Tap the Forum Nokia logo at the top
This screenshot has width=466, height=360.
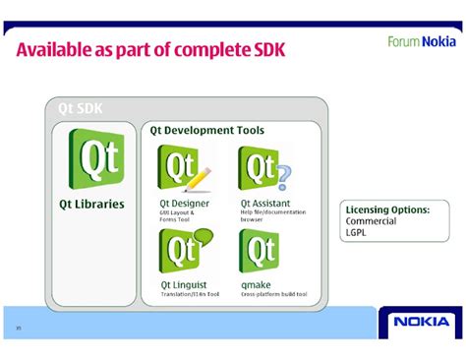(421, 41)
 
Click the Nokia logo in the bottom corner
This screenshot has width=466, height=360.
(421, 322)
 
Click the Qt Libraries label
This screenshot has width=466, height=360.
(92, 204)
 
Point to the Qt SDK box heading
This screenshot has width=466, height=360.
(81, 108)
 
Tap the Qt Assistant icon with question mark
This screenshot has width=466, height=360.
(263, 167)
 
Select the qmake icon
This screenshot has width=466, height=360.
(260, 252)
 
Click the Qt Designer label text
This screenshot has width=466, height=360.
(184, 204)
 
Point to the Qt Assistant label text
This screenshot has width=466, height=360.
(265, 204)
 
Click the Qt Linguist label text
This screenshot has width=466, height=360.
(184, 285)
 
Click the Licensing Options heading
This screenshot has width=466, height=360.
(387, 210)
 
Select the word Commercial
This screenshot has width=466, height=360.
(371, 221)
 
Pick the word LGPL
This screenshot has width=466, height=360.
(357, 233)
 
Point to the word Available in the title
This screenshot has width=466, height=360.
(58, 49)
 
